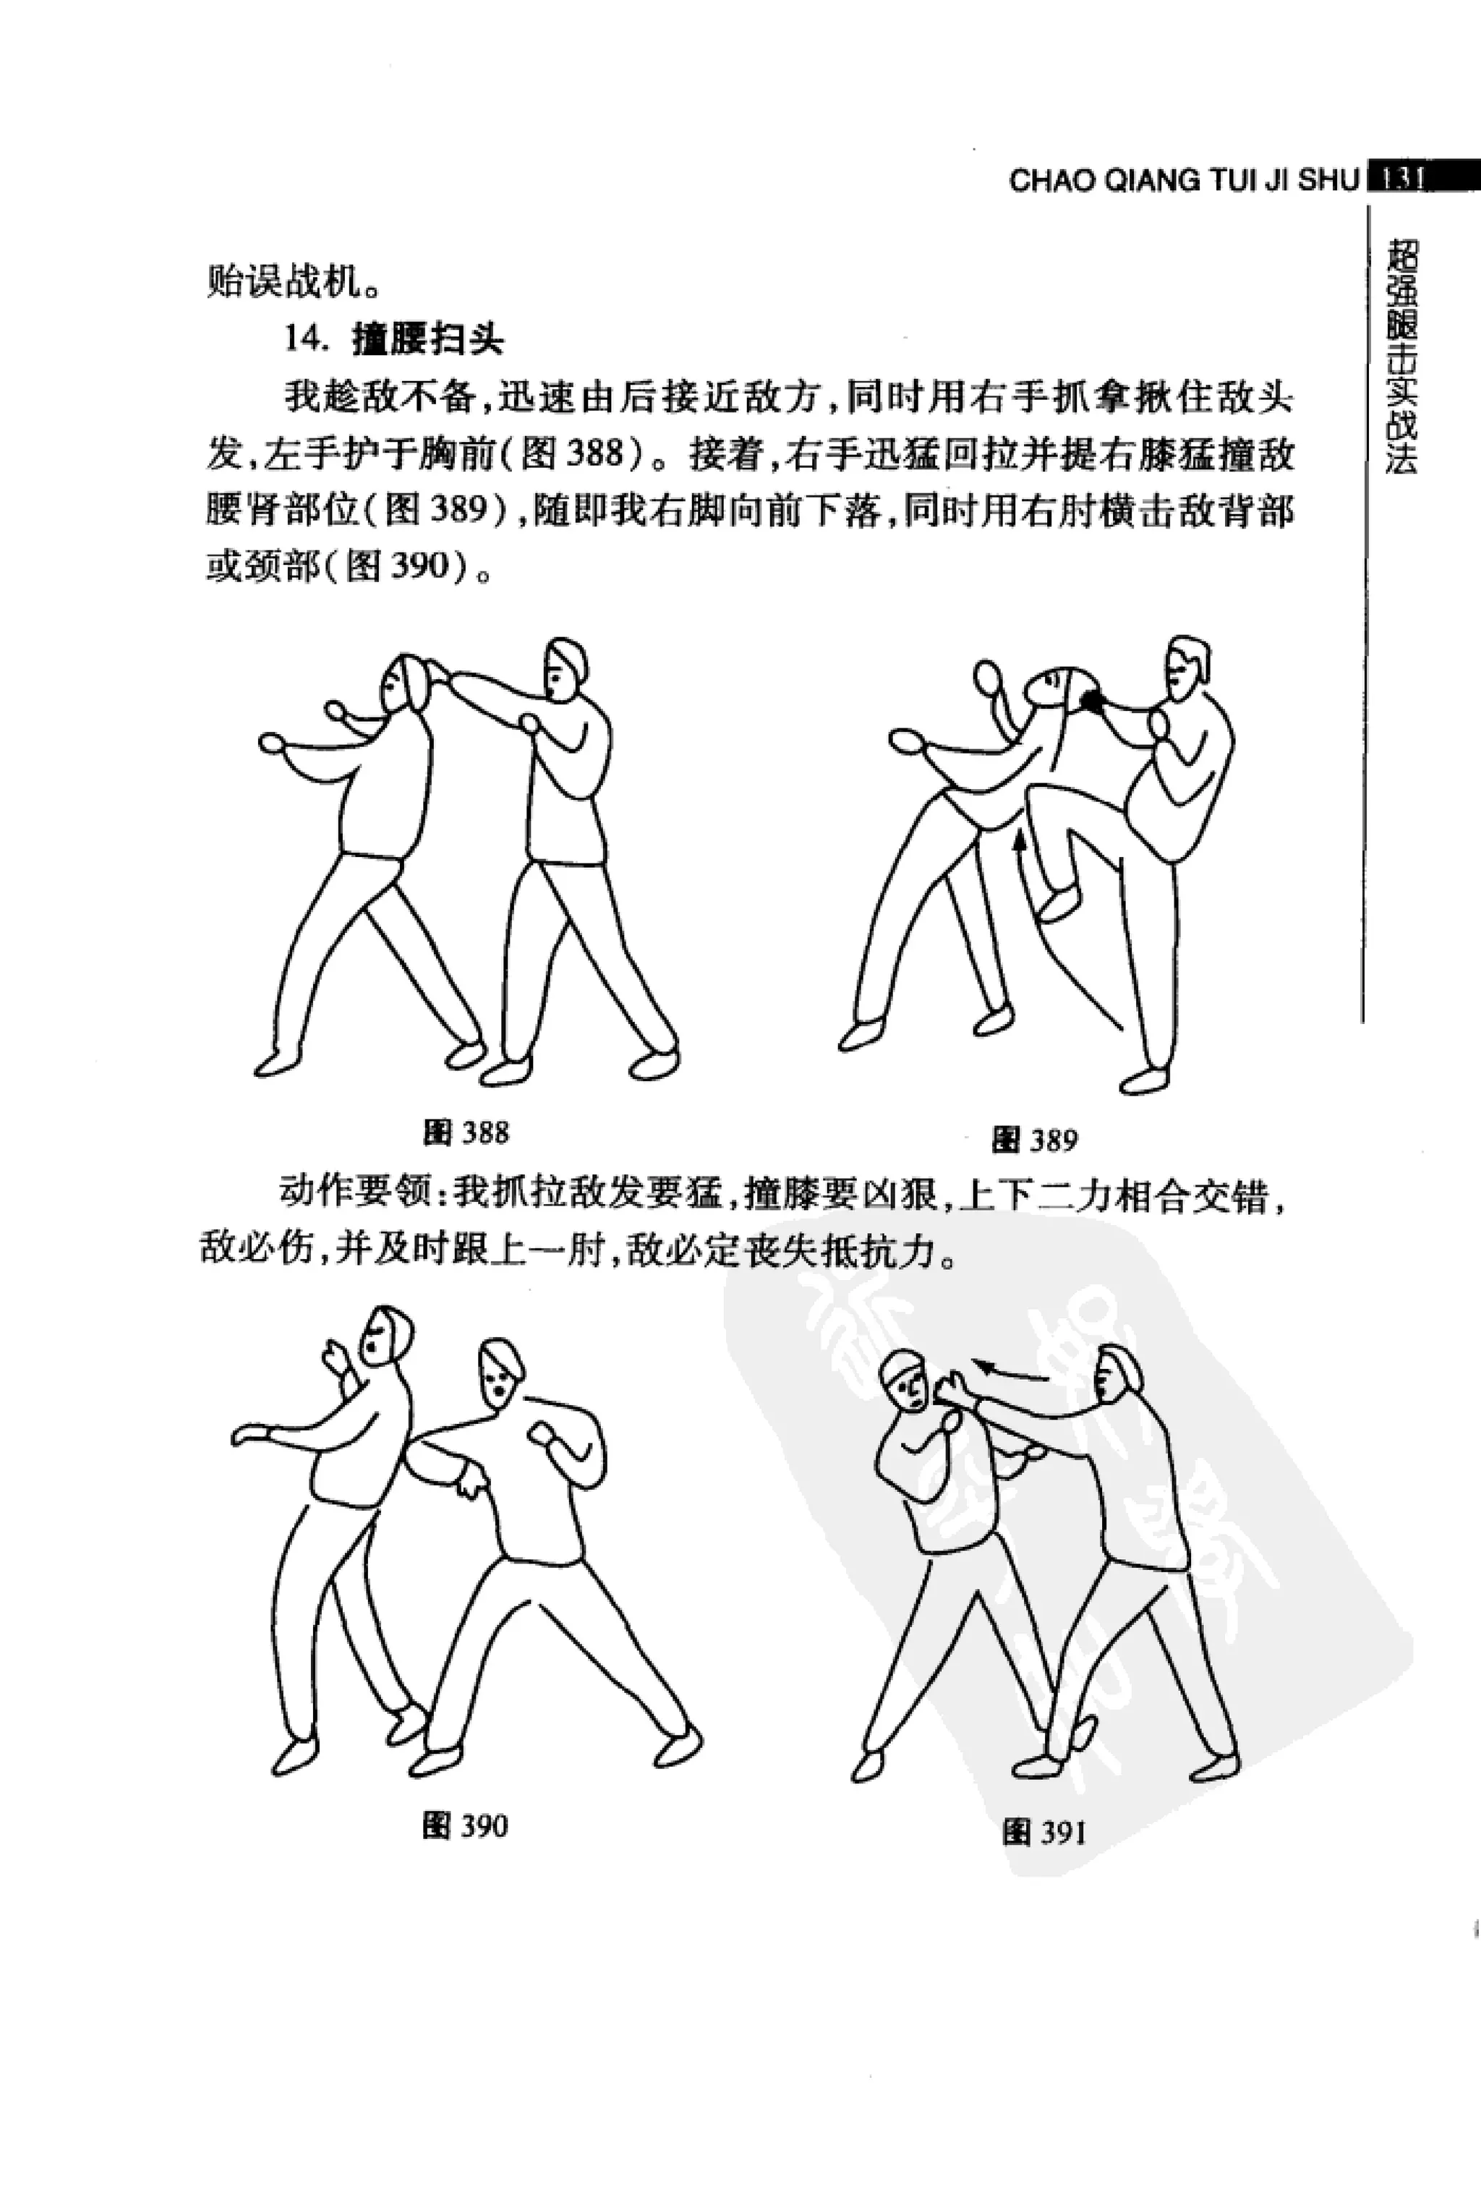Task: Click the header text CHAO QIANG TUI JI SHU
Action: pos(1183,180)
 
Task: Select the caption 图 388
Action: pos(466,1132)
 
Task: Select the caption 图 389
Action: pos(1034,1140)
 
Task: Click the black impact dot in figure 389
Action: pos(1093,699)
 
